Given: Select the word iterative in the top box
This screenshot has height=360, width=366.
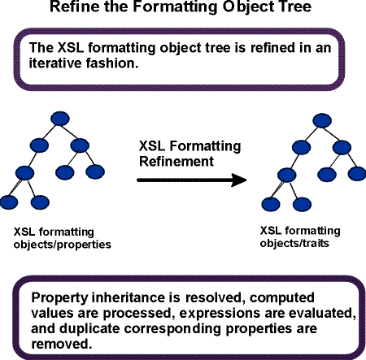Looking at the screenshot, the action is (x=54, y=63).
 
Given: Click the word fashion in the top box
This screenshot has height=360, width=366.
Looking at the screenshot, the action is (x=109, y=63).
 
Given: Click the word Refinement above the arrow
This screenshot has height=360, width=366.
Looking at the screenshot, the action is (x=176, y=162).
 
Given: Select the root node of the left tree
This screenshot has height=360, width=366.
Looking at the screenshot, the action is (x=60, y=119).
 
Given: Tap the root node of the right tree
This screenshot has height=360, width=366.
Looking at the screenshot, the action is (x=322, y=120).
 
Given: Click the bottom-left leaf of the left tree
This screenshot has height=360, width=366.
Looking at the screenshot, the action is (x=9, y=202).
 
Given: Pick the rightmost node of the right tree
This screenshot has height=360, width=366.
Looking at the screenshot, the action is (x=357, y=174).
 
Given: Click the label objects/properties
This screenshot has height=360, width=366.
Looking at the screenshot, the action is (x=63, y=245).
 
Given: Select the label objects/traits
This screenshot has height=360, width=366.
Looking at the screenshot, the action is (x=294, y=243).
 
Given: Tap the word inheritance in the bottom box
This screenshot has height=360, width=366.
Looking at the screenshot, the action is (x=128, y=297).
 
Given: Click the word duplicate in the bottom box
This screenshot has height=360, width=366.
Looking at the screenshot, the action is (x=89, y=328).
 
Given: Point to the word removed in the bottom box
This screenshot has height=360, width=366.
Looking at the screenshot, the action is (x=60, y=344).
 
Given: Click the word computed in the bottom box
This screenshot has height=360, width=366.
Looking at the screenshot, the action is (x=282, y=298).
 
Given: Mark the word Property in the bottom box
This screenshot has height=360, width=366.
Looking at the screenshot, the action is (x=59, y=298).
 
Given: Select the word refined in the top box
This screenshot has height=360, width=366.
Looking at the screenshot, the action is (x=272, y=48).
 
